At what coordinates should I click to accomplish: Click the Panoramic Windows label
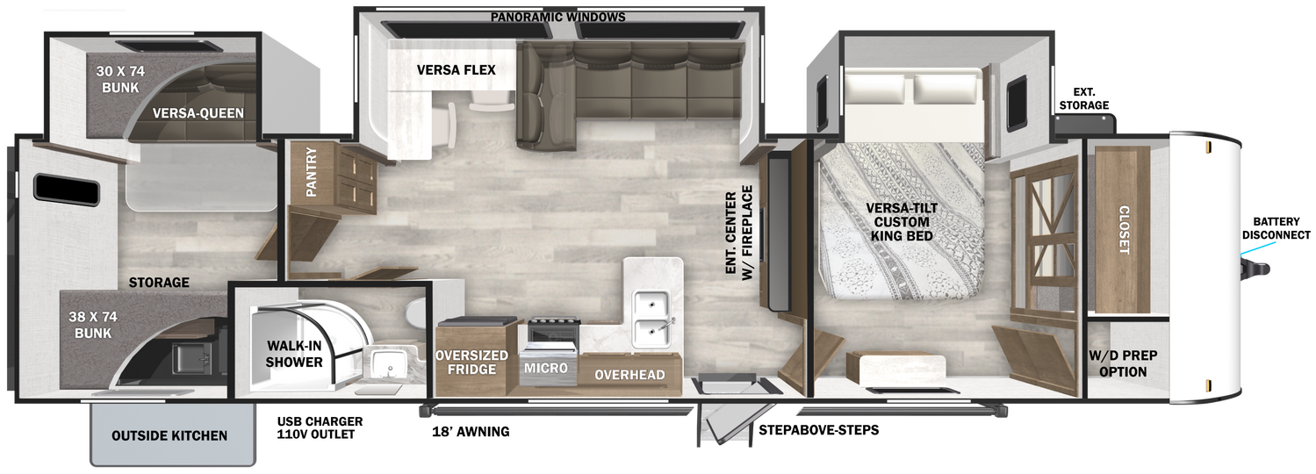coord(557,17)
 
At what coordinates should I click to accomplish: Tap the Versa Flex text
coord(456,70)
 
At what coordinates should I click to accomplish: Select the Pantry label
coord(312,171)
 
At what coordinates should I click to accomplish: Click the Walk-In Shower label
coord(294,354)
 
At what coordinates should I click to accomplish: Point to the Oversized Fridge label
coord(471,363)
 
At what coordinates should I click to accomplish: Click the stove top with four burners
coord(554,321)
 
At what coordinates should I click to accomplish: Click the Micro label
coord(546,369)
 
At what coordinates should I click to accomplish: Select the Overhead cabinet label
coord(629,375)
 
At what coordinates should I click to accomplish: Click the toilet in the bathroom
coord(416,312)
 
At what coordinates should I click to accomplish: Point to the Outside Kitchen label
coord(169,436)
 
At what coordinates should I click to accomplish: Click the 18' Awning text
coord(471,432)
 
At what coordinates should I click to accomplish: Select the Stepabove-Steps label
coord(818,430)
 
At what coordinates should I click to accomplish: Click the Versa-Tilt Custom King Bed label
coord(902,222)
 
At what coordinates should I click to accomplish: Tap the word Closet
coord(1123,230)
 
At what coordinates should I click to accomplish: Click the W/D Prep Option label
coord(1123,363)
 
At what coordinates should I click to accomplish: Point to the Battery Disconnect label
coord(1276,228)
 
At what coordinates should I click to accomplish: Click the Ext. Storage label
coord(1084,98)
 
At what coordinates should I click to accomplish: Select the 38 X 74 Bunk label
coord(93,325)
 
